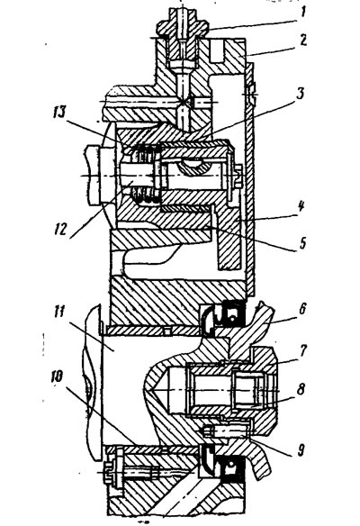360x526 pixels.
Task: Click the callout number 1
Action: tap(302, 13)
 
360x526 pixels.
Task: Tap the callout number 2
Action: tap(302, 41)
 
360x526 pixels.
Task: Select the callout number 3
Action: tap(300, 94)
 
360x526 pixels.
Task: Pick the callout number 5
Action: tap(302, 242)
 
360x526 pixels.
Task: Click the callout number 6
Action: tap(302, 309)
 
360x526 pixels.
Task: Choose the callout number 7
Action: tap(302, 350)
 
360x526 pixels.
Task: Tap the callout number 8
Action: tap(301, 389)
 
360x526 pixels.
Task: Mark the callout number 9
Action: tap(301, 449)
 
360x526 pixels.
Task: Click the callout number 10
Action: tap(57, 376)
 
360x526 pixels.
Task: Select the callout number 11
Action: tap(58, 313)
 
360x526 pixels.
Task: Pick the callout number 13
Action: tap(60, 113)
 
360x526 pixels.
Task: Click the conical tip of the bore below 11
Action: tap(155, 390)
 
